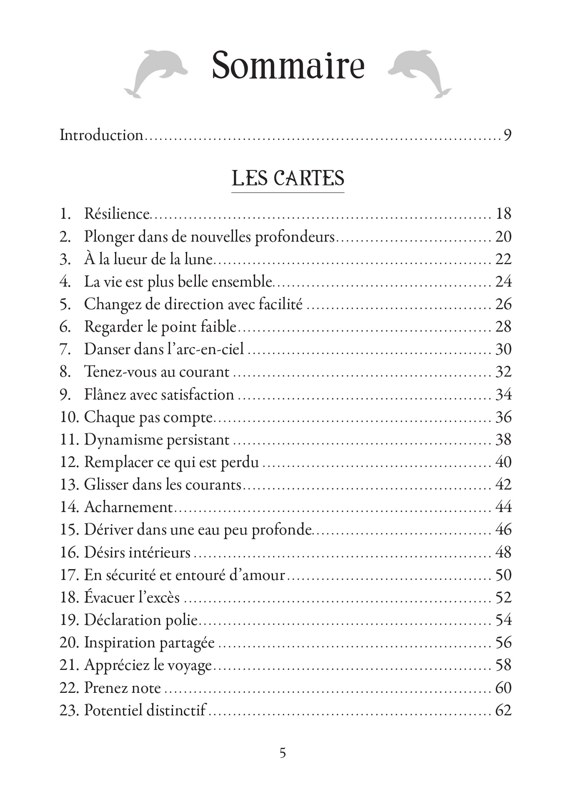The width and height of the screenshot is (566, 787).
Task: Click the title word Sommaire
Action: tap(288, 66)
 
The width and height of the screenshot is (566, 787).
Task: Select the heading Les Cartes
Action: tap(288, 179)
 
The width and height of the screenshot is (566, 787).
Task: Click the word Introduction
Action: tap(101, 135)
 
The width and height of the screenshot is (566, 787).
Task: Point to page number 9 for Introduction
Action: tap(507, 135)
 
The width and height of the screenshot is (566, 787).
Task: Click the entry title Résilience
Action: tap(117, 214)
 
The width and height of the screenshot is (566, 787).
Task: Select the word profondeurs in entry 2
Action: tap(295, 237)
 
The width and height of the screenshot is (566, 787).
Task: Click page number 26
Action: tap(503, 304)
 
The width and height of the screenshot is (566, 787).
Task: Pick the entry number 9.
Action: tap(65, 395)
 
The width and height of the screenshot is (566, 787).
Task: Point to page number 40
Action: tap(503, 462)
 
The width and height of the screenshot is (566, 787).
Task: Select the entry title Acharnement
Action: tap(128, 507)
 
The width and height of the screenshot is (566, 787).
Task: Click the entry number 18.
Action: tap(69, 597)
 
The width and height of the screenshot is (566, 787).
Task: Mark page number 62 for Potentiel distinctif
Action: tap(503, 710)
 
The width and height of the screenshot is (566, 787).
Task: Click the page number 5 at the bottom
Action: tap(283, 753)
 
